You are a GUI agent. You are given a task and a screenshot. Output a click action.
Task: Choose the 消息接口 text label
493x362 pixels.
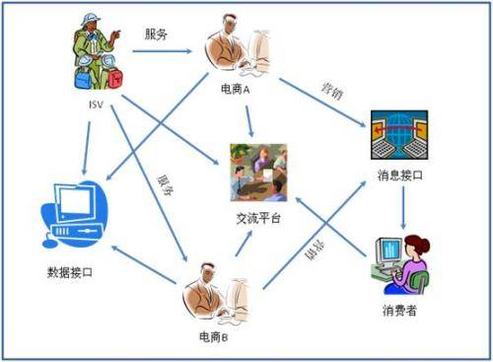point(401,176)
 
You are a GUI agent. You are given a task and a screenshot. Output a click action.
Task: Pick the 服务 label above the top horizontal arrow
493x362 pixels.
point(156,34)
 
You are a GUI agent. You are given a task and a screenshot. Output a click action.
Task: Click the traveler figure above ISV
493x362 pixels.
point(97,54)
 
